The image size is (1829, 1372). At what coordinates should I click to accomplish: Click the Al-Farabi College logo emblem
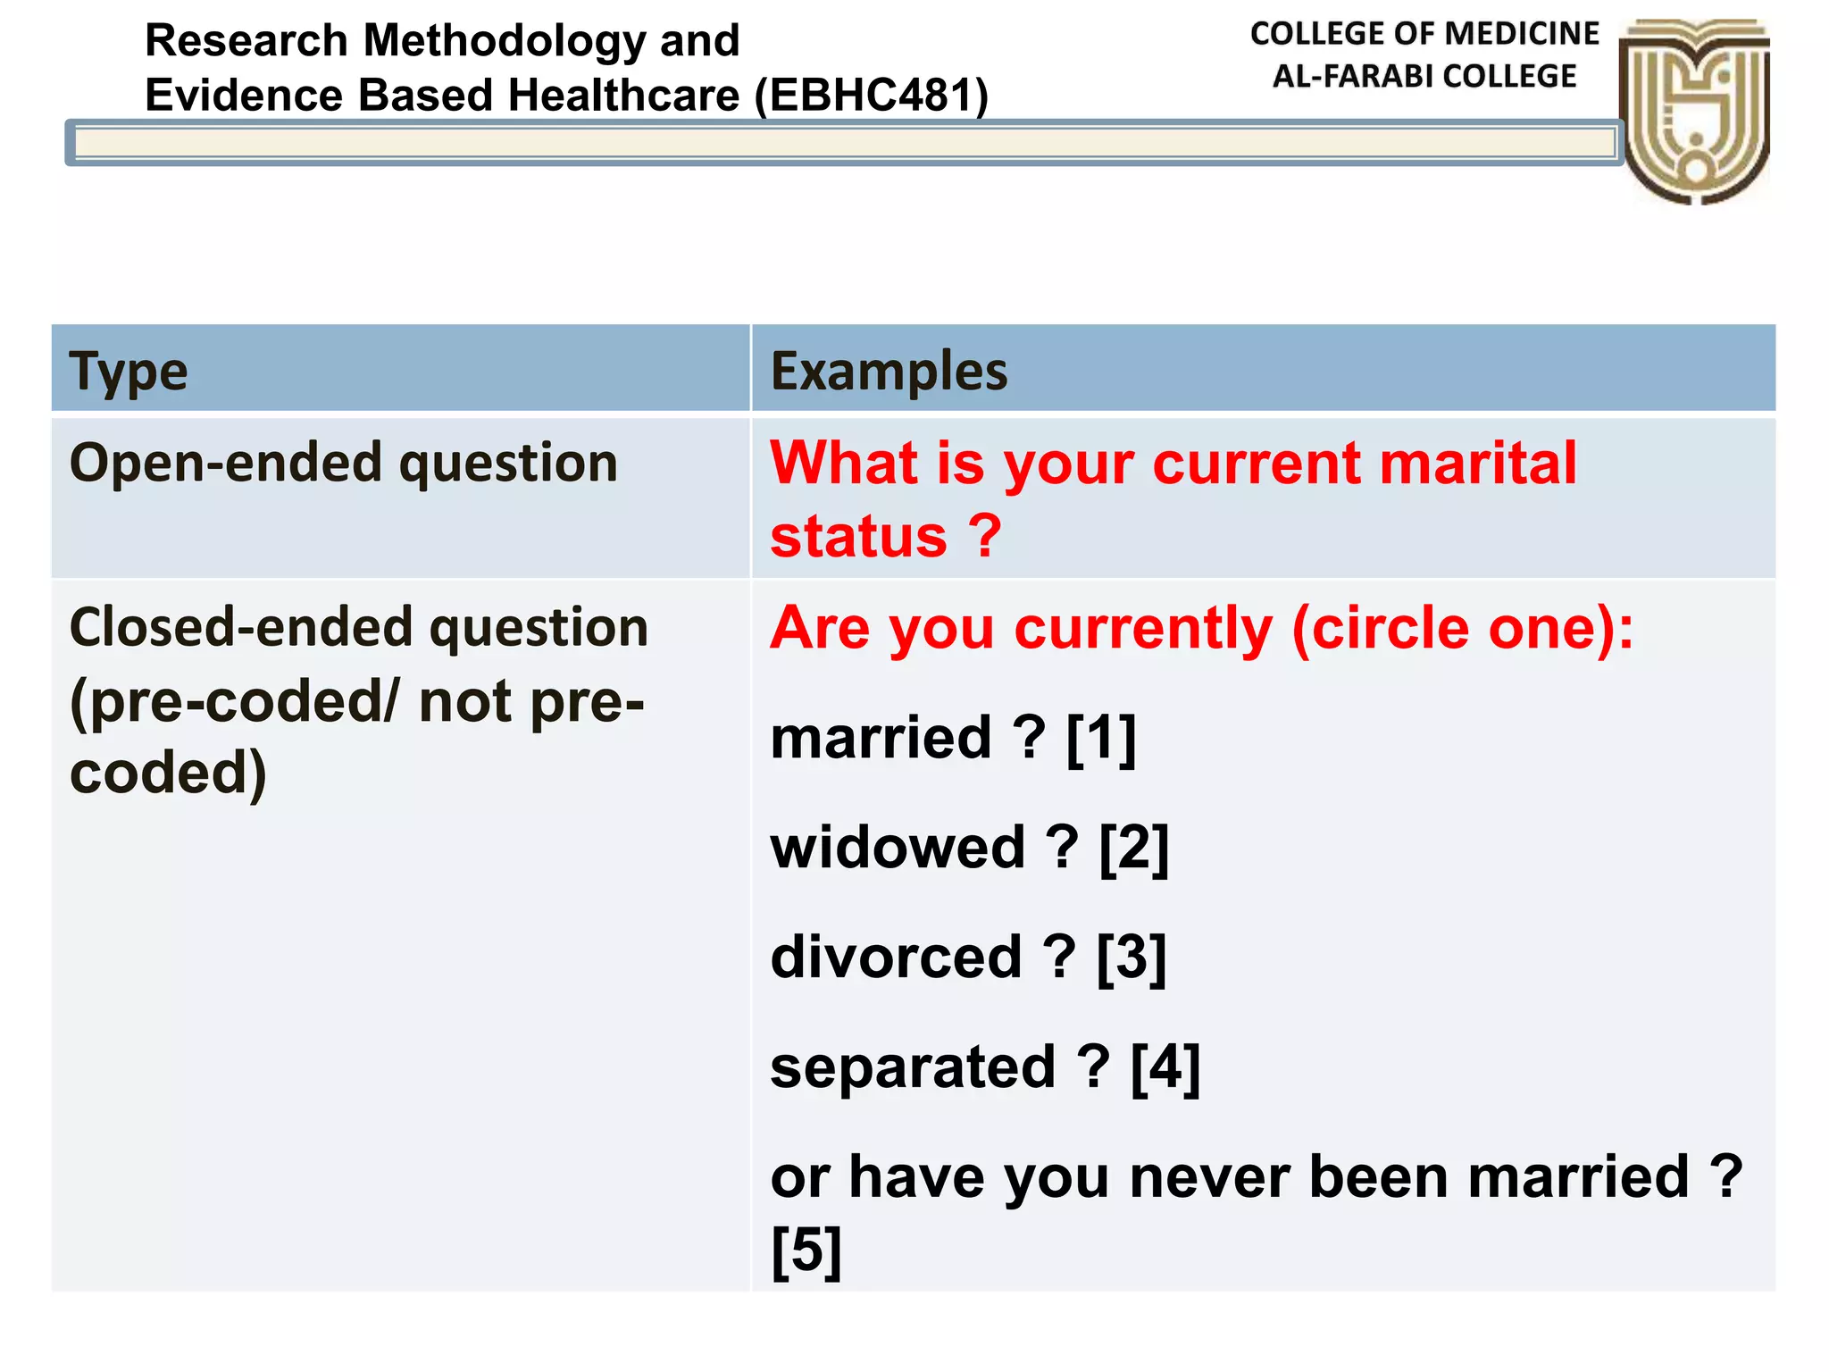[x=1694, y=111]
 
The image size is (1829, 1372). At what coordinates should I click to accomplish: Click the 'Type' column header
[x=129, y=372]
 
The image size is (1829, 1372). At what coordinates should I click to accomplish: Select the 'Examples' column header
[x=889, y=372]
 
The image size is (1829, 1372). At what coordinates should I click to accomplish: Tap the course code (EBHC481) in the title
[x=872, y=96]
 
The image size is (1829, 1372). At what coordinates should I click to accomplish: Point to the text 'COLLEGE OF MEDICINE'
[x=1424, y=34]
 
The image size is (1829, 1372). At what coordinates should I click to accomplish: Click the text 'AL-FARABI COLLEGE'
[x=1424, y=77]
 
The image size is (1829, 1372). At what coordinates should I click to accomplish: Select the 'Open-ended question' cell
[x=344, y=464]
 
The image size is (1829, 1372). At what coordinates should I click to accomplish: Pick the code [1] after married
[x=1101, y=739]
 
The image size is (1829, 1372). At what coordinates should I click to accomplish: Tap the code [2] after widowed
[x=1133, y=849]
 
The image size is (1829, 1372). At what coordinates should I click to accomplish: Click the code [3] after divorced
[x=1132, y=958]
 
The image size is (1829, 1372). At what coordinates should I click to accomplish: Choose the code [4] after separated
[x=1165, y=1068]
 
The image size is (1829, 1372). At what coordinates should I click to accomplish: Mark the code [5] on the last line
[x=806, y=1251]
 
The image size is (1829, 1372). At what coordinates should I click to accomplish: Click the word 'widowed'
[x=898, y=849]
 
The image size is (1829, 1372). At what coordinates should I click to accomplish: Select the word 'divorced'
[x=896, y=958]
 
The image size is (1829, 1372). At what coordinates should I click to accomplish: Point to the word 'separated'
[x=913, y=1068]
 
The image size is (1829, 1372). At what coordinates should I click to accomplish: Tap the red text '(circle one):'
[x=1462, y=628]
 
